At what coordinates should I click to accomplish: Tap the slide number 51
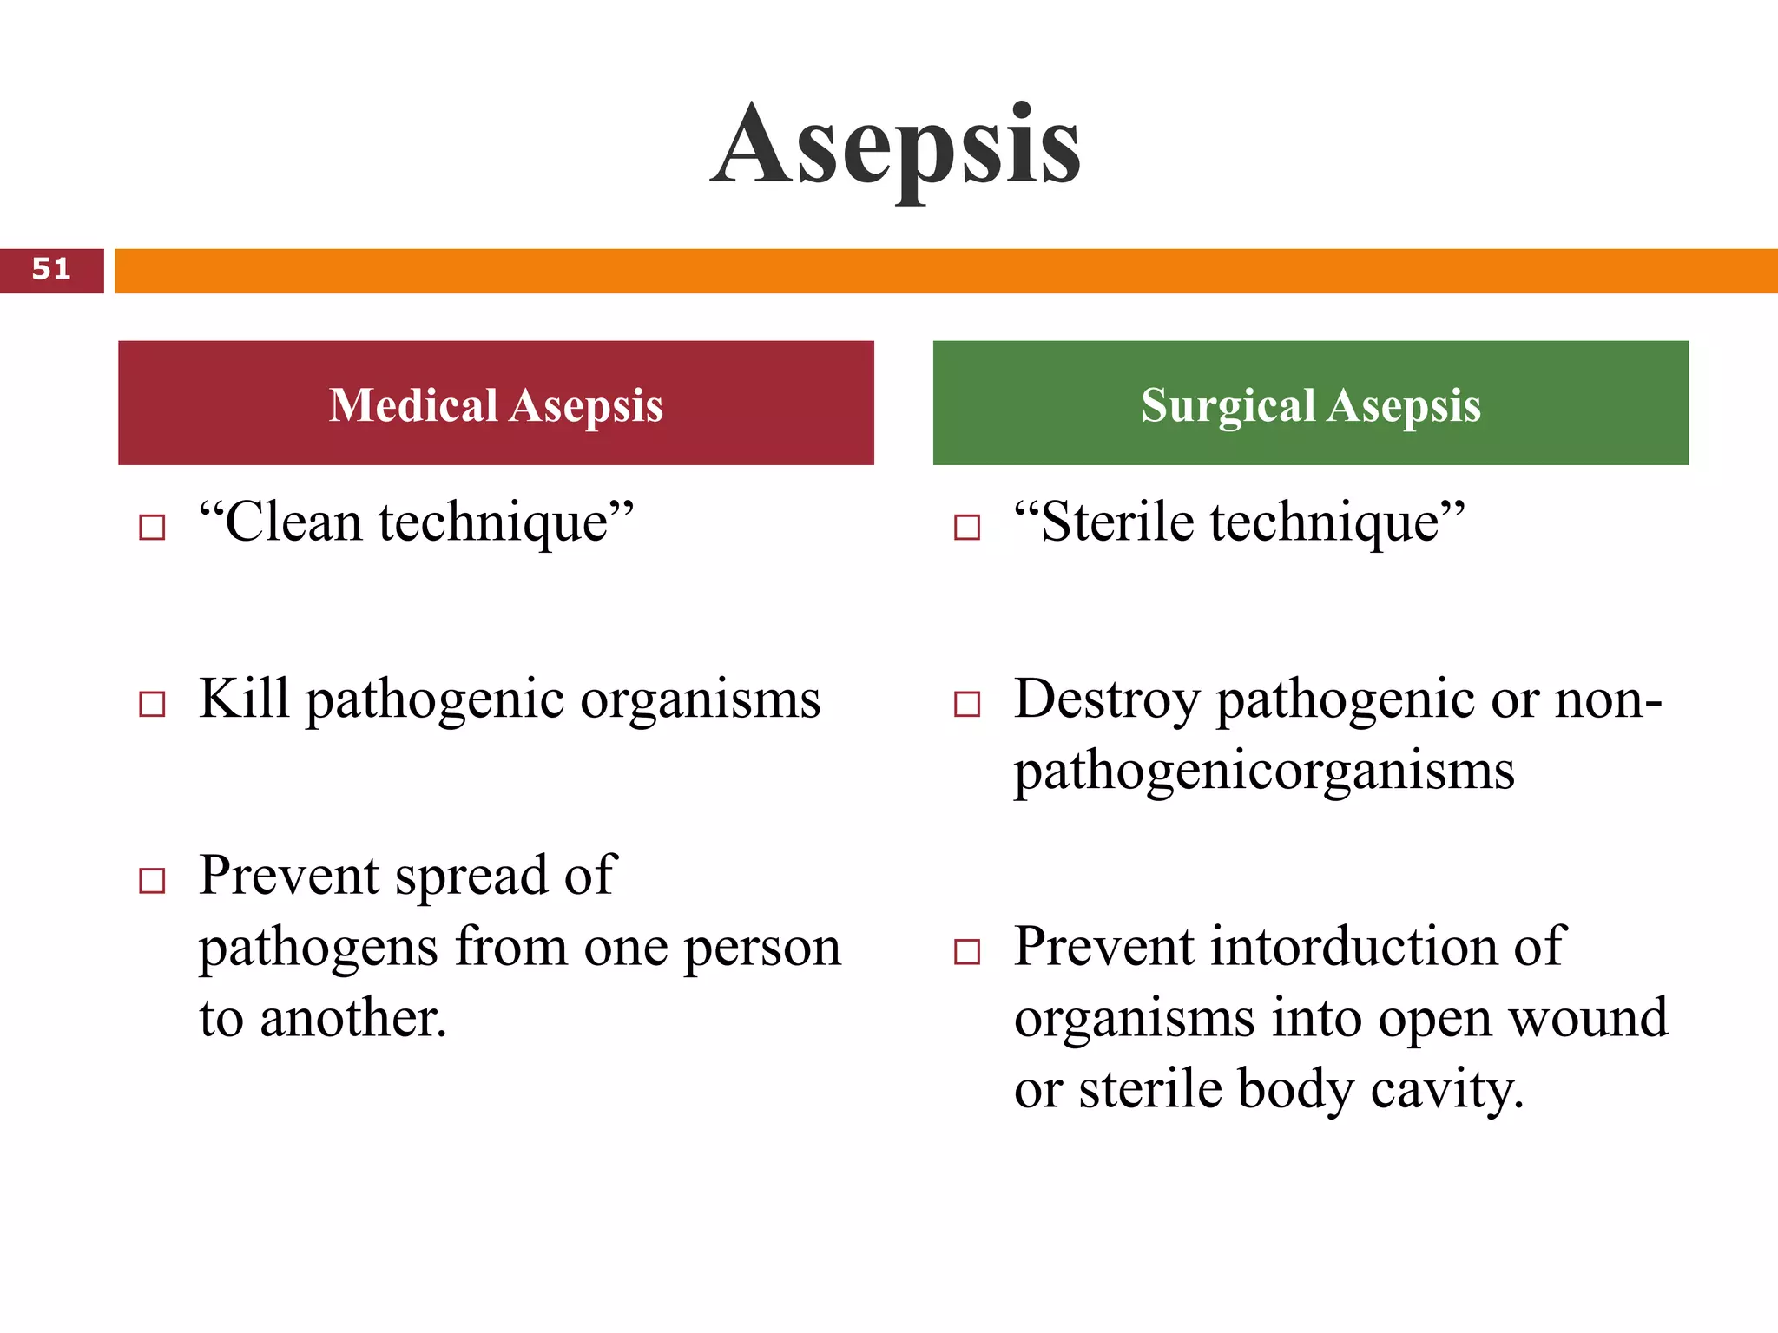point(51,270)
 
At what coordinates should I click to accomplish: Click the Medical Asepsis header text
point(496,405)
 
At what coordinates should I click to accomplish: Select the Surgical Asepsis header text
point(1310,405)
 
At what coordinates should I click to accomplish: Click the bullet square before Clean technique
point(152,527)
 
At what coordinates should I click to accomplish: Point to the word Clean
point(292,522)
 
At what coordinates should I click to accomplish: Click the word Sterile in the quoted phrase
point(1116,522)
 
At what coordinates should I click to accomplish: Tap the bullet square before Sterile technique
point(966,527)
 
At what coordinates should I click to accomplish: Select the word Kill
point(243,699)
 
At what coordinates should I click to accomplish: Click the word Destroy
point(1106,699)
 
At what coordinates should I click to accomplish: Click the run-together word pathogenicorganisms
point(1263,771)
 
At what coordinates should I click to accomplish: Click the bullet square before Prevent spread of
point(152,881)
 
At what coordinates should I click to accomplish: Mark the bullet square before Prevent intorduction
point(966,952)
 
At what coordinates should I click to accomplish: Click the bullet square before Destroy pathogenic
point(966,704)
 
